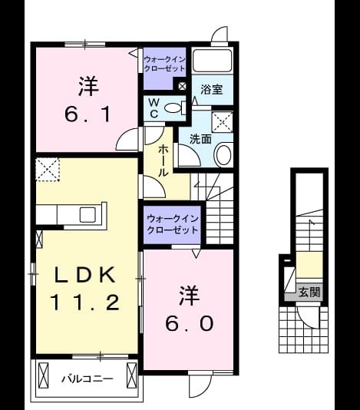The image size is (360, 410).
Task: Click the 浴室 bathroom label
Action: (x=212, y=90)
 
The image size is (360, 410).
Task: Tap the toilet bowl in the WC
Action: (x=173, y=107)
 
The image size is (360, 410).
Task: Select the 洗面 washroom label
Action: (x=200, y=139)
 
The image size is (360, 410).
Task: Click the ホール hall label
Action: (x=163, y=160)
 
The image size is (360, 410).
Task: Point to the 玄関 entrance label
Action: (x=309, y=292)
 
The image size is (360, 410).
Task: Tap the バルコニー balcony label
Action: (x=88, y=379)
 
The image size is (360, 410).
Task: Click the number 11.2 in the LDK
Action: (x=85, y=302)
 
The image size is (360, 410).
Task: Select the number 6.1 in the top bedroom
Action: (x=88, y=115)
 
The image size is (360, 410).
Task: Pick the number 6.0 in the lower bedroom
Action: (x=190, y=324)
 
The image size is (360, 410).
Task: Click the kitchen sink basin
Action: (x=88, y=215)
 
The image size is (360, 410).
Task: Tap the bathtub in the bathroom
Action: (x=212, y=60)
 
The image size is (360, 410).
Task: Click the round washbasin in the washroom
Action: (x=223, y=154)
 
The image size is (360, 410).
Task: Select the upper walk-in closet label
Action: (x=164, y=64)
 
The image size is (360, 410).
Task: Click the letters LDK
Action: (x=84, y=275)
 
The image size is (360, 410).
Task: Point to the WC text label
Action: (x=154, y=107)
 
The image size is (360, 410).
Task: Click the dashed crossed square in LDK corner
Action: (x=48, y=169)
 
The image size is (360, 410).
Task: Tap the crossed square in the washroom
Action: (x=223, y=122)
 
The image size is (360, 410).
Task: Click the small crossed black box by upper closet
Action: (x=182, y=86)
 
